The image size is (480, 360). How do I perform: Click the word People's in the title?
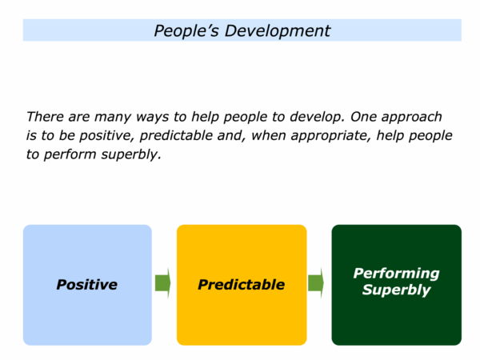186,31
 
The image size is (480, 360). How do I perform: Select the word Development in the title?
278,31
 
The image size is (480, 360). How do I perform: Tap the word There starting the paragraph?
44,117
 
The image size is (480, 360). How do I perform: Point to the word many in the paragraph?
113,118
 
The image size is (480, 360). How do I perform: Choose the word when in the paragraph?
268,135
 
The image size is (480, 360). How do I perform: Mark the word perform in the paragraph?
70,155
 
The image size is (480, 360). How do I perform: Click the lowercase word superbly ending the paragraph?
131,155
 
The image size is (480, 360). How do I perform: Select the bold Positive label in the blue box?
87,285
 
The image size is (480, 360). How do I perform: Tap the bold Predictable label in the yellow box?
242,285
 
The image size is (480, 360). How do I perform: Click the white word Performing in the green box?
397,274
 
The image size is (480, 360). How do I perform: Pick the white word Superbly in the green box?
397,290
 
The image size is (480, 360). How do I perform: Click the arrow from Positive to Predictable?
163,283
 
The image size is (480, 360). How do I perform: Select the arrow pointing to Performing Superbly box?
316,283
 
